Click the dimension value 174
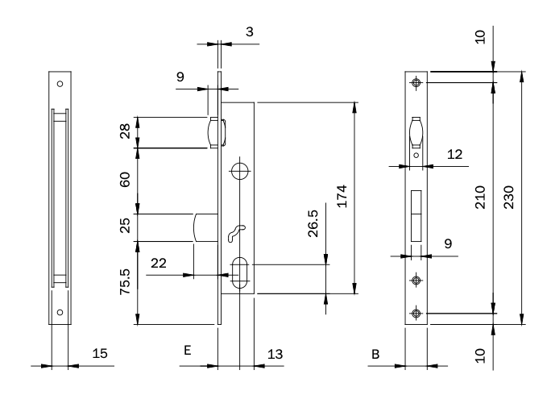(342, 197)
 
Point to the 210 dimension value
(480, 197)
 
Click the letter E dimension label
(186, 352)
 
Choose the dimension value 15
(99, 352)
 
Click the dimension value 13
(275, 352)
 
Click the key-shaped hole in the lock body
(234, 233)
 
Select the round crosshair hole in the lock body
(239, 170)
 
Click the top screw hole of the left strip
(59, 83)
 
